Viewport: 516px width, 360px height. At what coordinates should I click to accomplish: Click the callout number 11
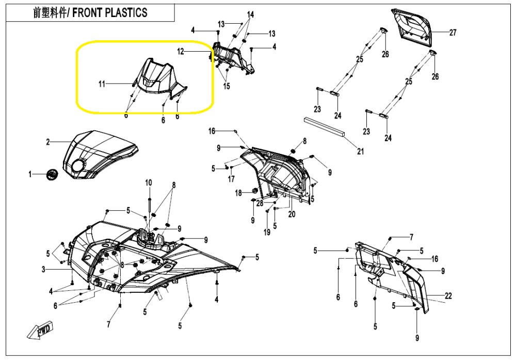tap(102, 84)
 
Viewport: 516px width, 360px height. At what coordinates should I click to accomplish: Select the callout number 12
tap(181, 52)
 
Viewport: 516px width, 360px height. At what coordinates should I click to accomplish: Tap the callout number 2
tap(47, 142)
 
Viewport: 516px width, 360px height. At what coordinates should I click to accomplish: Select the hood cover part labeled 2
tap(101, 155)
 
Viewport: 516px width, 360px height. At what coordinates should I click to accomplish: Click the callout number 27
tap(453, 33)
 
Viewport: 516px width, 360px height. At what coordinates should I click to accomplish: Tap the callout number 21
tap(361, 151)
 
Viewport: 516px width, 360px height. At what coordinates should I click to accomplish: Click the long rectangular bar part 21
tap(324, 124)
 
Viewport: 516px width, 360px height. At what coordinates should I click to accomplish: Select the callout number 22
tap(448, 295)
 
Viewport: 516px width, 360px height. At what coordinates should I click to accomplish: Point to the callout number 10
tap(149, 182)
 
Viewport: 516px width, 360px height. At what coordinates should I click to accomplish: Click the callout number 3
tap(44, 269)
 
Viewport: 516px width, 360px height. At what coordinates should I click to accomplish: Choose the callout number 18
tap(238, 193)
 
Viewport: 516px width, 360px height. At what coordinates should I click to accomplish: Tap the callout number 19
tap(267, 232)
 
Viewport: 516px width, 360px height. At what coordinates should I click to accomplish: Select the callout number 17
tap(231, 179)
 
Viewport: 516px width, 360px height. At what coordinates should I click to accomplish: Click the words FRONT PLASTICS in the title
tap(109, 13)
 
